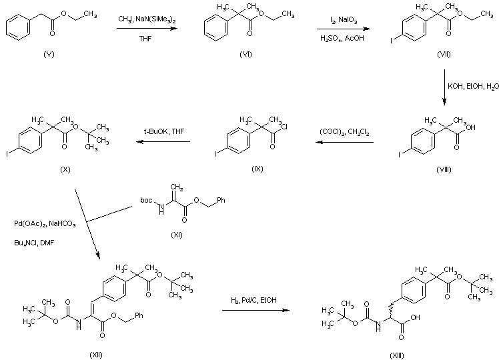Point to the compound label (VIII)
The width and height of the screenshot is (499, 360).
[443, 169]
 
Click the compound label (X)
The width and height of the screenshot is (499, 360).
[64, 169]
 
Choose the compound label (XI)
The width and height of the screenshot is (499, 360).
[176, 234]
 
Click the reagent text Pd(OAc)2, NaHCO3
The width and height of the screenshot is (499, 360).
[45, 224]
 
